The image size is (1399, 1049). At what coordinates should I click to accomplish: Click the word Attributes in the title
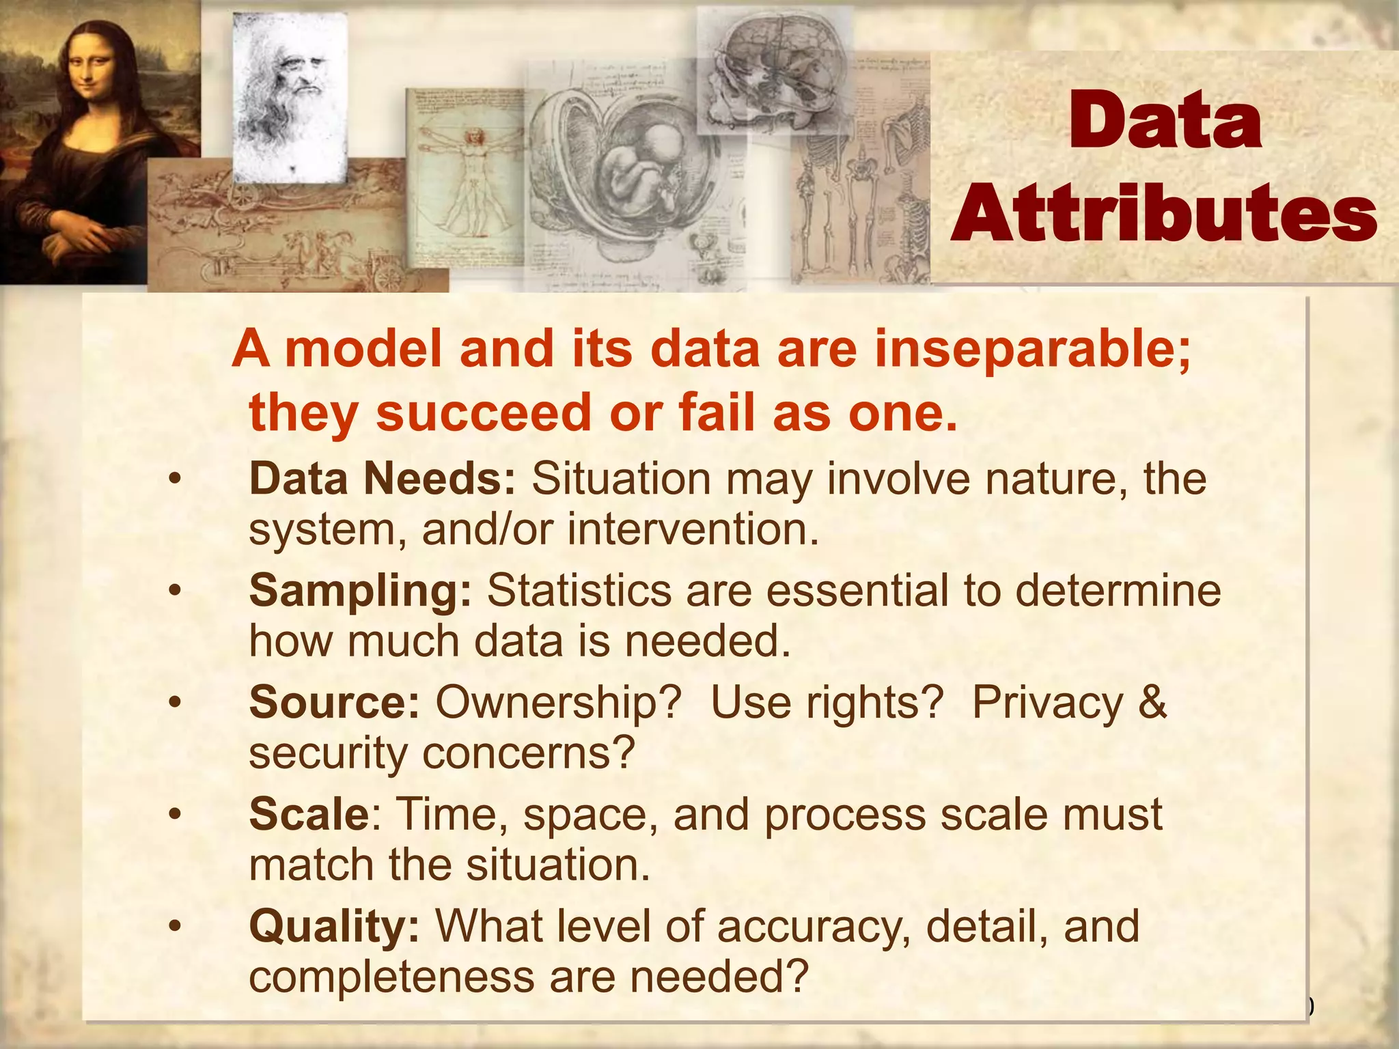(1164, 213)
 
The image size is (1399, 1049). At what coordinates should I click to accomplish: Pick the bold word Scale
(309, 814)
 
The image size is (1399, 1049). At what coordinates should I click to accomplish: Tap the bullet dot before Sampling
(176, 590)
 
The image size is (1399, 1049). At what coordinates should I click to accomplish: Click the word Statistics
(579, 591)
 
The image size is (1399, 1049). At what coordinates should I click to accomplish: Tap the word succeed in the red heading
(483, 413)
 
